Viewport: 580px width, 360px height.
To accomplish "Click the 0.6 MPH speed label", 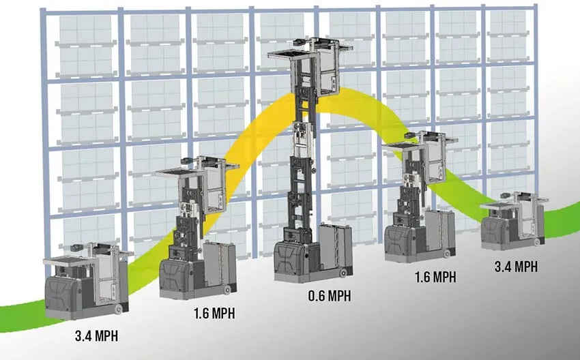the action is (x=330, y=296).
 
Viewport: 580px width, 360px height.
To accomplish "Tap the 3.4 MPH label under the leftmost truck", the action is (x=96, y=336).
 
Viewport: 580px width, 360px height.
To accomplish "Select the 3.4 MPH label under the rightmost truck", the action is (x=516, y=266).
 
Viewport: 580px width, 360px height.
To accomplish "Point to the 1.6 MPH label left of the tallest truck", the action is (x=214, y=314).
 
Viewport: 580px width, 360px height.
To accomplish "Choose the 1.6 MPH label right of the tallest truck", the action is (x=435, y=277).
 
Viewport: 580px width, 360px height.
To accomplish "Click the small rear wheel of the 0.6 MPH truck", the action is (x=344, y=273).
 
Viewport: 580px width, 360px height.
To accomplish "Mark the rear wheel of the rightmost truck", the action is (x=536, y=242).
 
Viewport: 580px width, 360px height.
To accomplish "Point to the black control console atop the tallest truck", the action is (x=301, y=42).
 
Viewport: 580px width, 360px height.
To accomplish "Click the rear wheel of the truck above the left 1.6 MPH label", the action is (x=227, y=289).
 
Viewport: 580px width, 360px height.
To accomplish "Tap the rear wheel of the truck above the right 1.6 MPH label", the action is (x=447, y=254).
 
